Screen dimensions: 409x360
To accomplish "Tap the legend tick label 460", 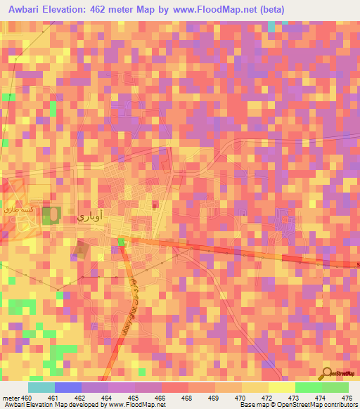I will [x=27, y=398].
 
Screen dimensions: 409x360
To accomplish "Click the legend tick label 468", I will [x=186, y=398].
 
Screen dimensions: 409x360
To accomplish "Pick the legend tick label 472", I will [x=266, y=398].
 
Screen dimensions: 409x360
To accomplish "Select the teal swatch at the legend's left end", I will [x=41, y=387].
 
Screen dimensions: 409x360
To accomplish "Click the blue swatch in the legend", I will [x=68, y=387].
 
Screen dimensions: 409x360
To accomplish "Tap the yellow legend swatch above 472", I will [x=282, y=387].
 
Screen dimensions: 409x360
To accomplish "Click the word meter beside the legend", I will [x=11, y=398].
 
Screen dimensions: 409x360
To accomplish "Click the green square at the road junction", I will [x=121, y=242].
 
